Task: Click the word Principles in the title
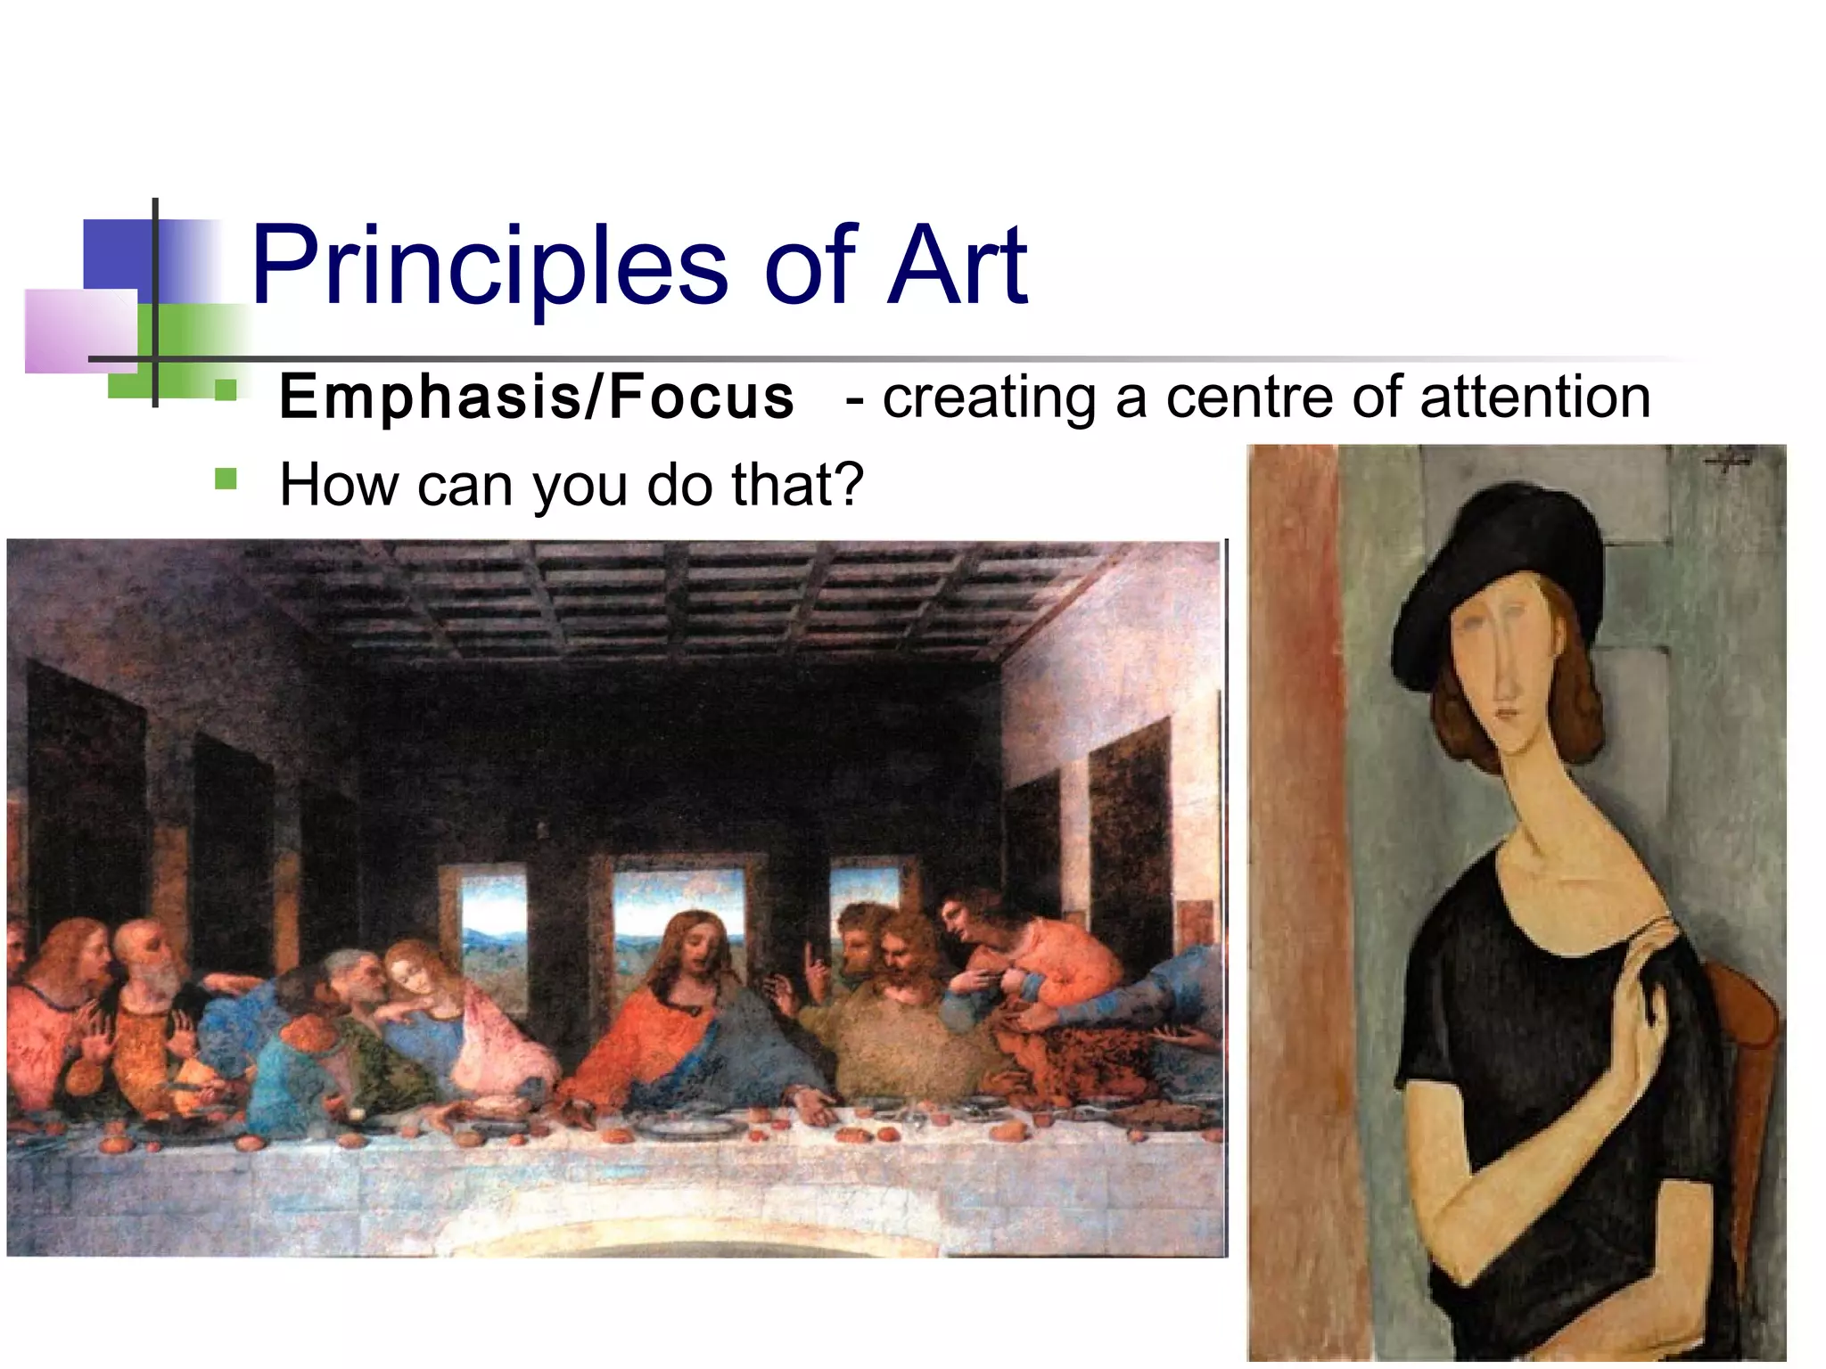coord(489,266)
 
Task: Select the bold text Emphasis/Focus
coord(536,397)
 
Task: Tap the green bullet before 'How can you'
coord(226,480)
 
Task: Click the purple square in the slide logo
coord(80,330)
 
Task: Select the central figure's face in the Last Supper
coord(700,945)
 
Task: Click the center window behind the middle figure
coord(678,909)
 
